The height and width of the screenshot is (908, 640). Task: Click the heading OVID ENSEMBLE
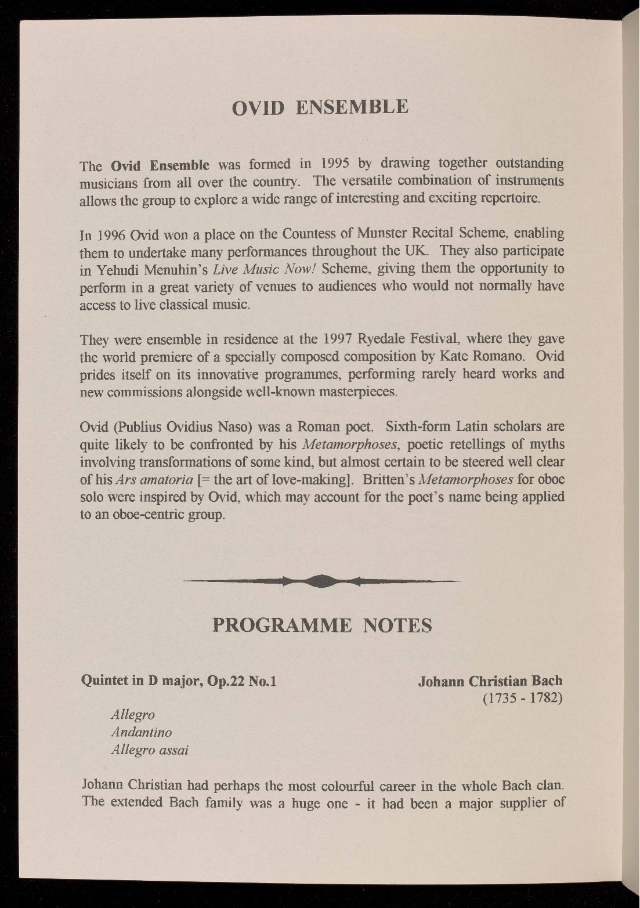(x=320, y=107)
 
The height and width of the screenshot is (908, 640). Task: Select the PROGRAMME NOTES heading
(x=322, y=625)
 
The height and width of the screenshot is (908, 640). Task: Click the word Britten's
(x=387, y=480)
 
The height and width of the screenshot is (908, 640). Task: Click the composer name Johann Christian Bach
(x=490, y=680)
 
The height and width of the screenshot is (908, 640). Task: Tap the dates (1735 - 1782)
(x=522, y=697)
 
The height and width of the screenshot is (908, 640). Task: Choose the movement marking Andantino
(x=142, y=732)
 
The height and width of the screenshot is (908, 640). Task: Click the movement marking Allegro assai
(x=150, y=750)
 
